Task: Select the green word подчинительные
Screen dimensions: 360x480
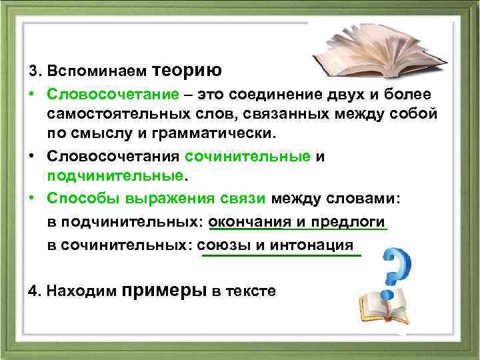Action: [115, 175]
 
